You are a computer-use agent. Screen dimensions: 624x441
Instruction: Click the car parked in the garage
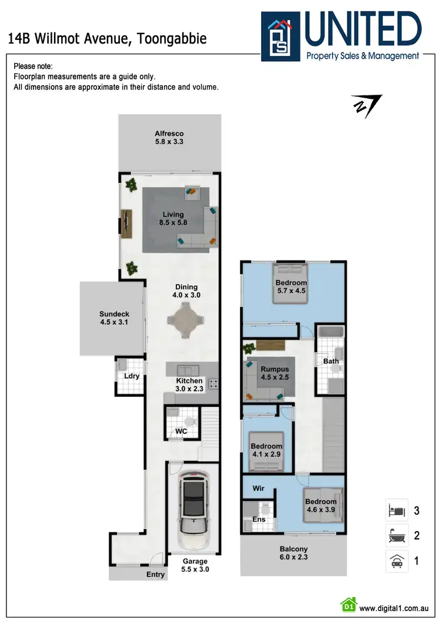[194, 509]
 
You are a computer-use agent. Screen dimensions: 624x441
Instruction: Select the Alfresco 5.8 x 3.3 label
[169, 137]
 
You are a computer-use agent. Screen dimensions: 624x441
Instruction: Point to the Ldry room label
[131, 376]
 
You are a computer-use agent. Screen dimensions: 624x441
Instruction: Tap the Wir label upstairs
[258, 489]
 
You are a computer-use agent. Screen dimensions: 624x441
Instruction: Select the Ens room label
[258, 519]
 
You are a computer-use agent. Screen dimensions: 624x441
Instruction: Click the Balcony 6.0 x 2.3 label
[293, 553]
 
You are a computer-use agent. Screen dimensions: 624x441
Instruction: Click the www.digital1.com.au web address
[393, 609]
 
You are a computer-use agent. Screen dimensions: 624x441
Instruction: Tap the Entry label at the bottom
[155, 575]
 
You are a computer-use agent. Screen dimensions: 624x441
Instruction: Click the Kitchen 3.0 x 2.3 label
[189, 385]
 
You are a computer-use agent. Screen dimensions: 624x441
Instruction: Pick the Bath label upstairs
[331, 361]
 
